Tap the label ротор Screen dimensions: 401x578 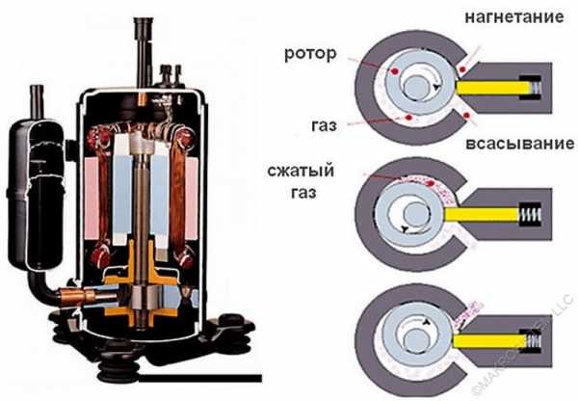coord(311,54)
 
